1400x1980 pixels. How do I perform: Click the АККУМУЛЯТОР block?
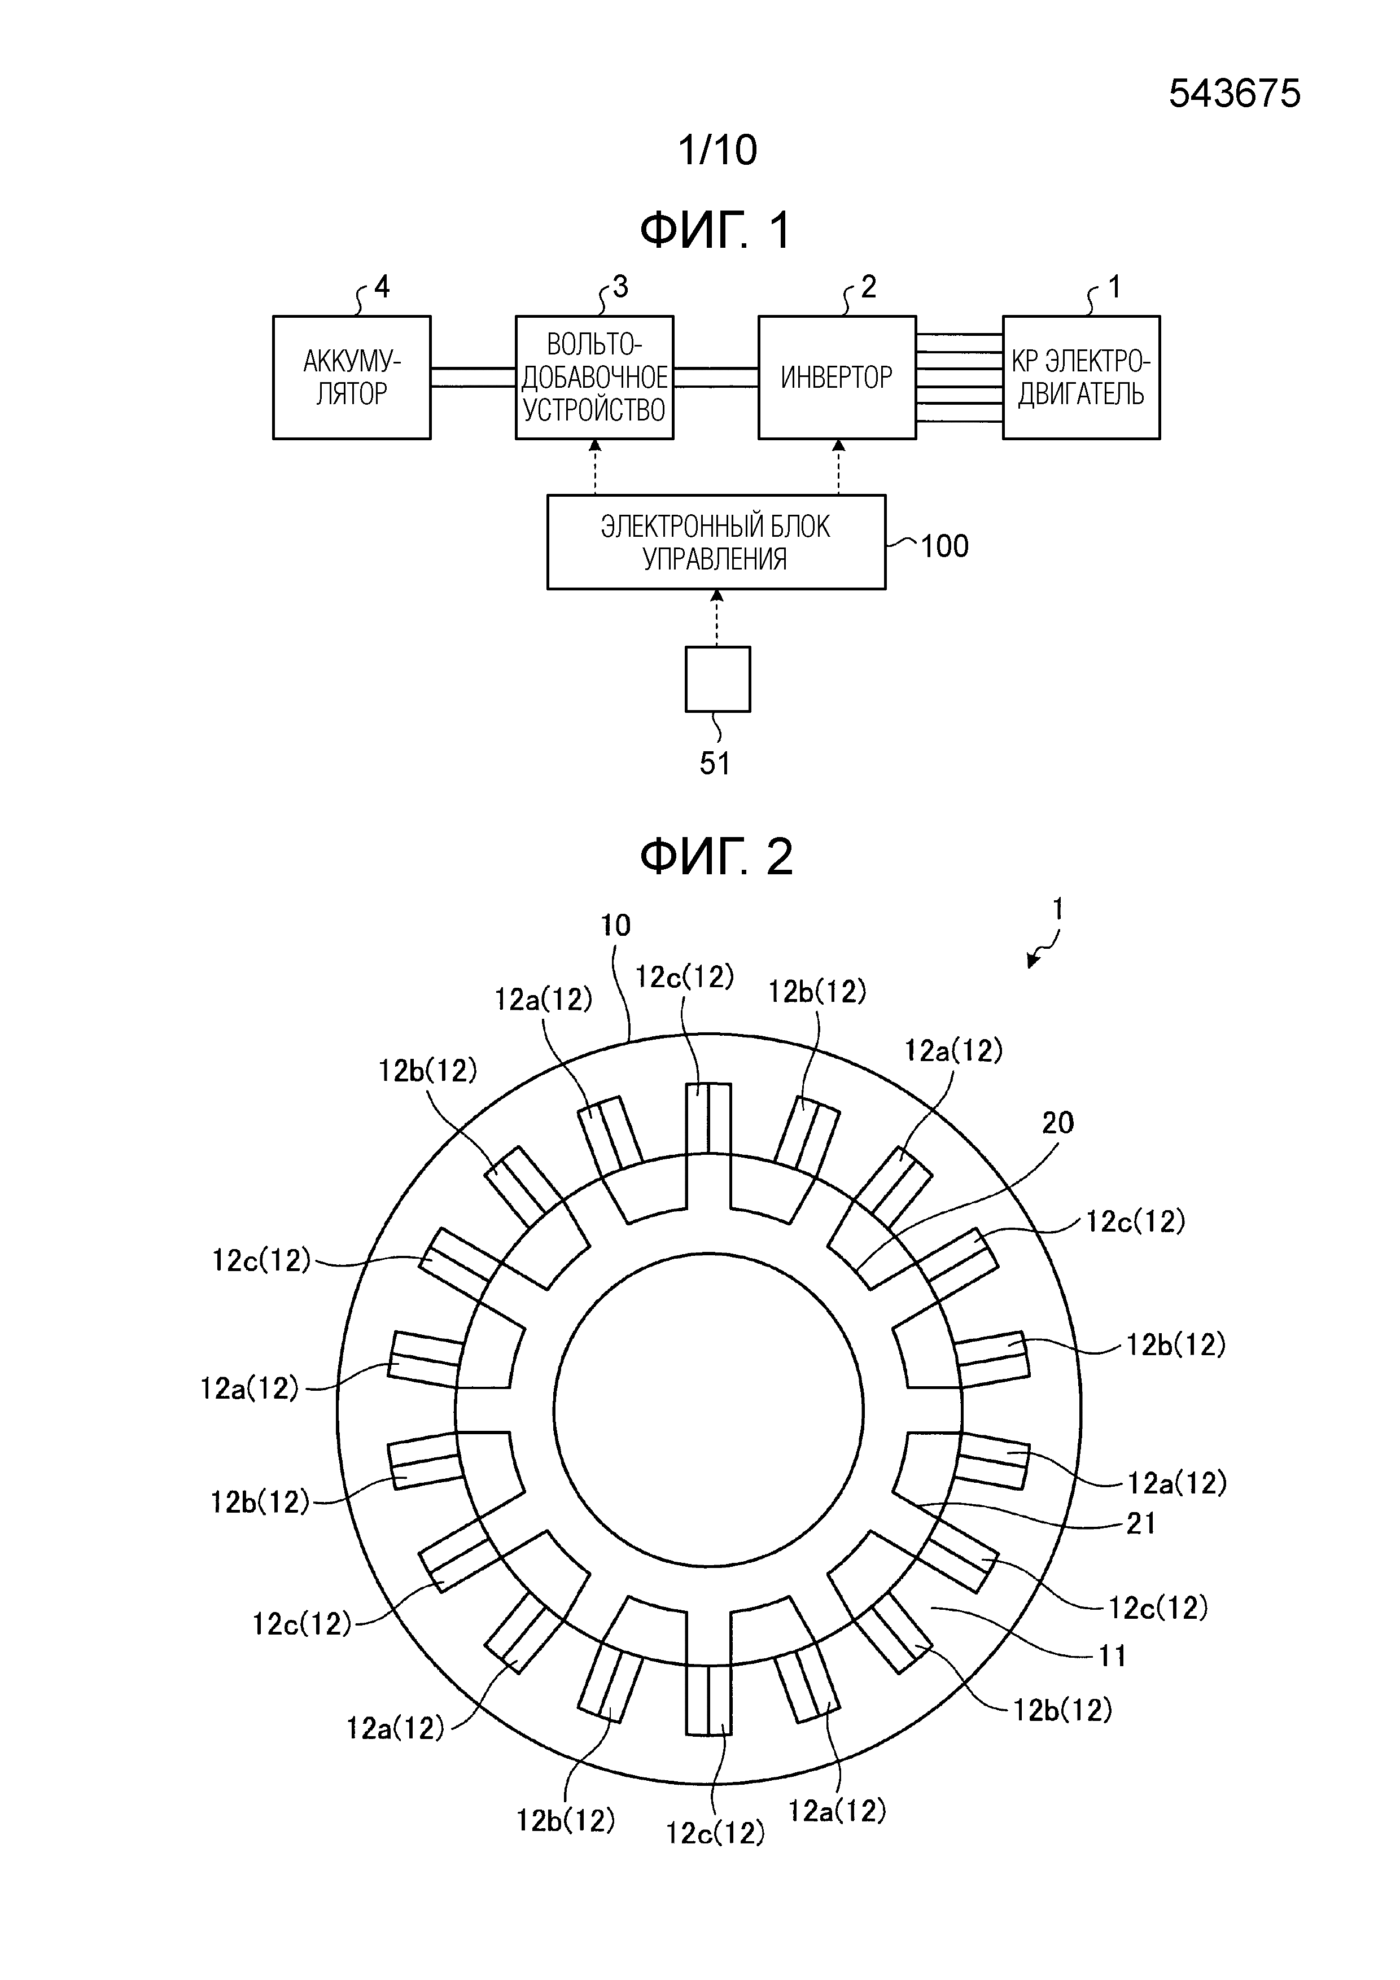351,377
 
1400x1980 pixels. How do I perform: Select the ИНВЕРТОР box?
836,377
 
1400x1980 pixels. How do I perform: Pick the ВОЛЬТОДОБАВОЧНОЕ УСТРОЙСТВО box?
594,377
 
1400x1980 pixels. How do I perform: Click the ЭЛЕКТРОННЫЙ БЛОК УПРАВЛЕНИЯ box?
716,542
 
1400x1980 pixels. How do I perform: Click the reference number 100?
944,546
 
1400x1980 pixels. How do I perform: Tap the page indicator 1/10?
717,150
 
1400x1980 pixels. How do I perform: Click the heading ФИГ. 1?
715,231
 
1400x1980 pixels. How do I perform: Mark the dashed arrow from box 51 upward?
717,617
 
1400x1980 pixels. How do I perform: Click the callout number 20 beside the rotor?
1057,1123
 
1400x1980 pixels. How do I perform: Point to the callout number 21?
1140,1524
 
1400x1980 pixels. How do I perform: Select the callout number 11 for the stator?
1112,1656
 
